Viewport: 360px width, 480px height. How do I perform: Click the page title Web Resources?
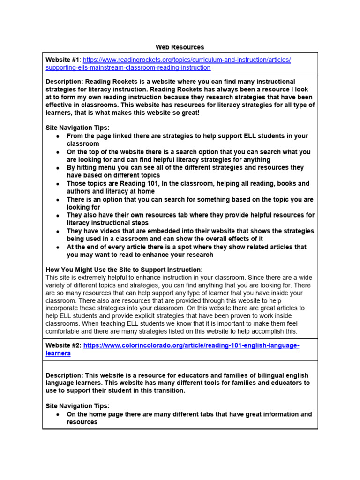[x=180, y=47]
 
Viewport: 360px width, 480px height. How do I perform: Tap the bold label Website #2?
[x=63, y=345]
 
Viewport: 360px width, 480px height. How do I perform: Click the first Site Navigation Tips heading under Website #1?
[x=77, y=127]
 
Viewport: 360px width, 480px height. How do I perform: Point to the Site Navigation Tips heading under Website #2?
[x=77, y=406]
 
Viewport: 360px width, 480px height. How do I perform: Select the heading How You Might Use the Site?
[x=124, y=270]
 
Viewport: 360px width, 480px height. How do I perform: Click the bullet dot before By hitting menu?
[x=57, y=168]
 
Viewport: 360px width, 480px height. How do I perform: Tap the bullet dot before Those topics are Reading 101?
[x=57, y=184]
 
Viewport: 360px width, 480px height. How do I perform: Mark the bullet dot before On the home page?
[x=57, y=415]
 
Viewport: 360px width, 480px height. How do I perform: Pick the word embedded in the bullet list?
[x=157, y=231]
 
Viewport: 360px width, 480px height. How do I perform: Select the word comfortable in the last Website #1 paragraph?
[x=64, y=331]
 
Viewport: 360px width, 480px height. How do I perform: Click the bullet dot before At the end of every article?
[x=57, y=247]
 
